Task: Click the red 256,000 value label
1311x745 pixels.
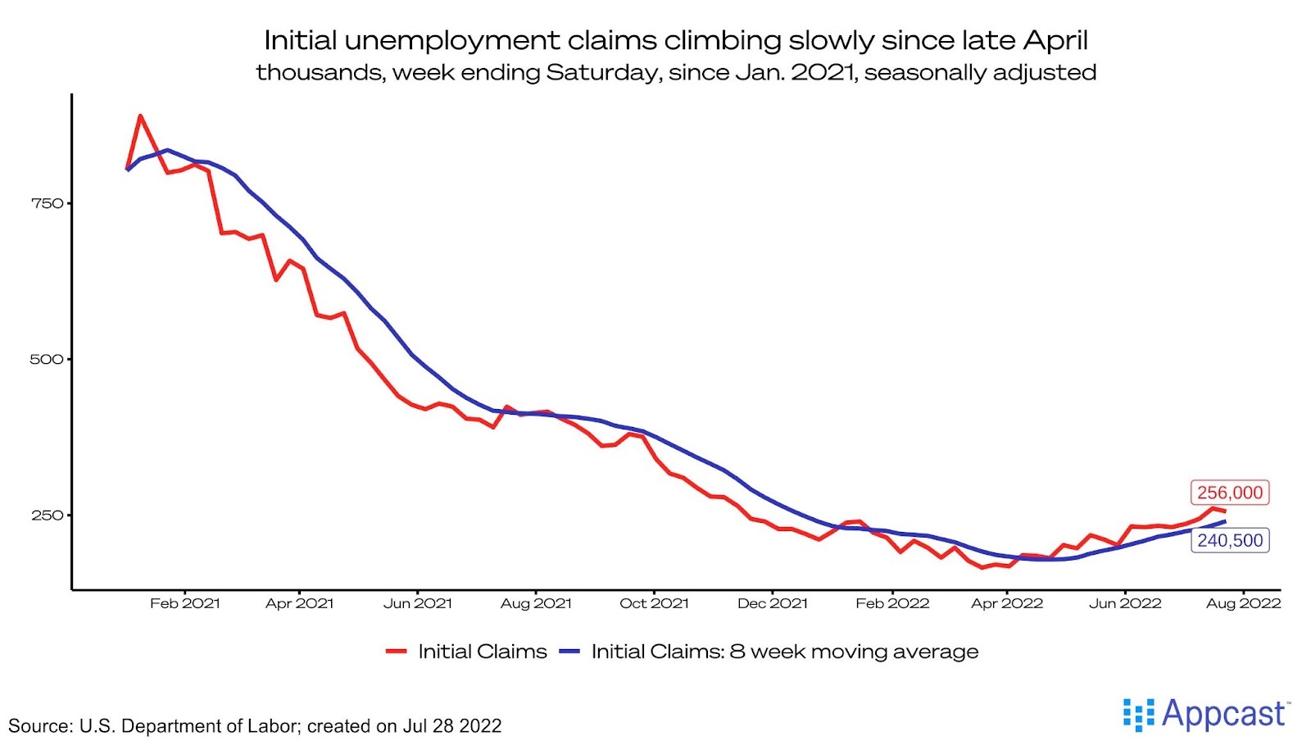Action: click(x=1229, y=493)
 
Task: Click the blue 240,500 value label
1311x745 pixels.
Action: click(x=1230, y=540)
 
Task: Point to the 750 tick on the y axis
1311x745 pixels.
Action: click(x=47, y=203)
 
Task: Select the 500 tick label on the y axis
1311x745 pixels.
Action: click(x=47, y=359)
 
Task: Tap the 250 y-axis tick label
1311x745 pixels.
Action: click(x=47, y=515)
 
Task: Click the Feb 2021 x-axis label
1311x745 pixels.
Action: click(x=185, y=603)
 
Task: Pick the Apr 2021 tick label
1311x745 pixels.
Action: click(x=300, y=603)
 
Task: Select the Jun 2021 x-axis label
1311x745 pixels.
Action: click(x=418, y=603)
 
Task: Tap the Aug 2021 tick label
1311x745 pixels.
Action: click(x=536, y=603)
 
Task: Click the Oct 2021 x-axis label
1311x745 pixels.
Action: click(x=654, y=603)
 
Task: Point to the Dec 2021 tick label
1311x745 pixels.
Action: click(x=773, y=603)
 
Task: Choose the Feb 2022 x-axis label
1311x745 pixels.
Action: click(x=892, y=603)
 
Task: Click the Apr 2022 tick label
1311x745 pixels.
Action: click(x=1007, y=603)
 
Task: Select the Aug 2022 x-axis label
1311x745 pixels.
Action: click(x=1243, y=603)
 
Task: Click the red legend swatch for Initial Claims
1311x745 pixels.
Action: click(x=397, y=652)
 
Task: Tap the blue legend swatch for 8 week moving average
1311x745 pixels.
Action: click(x=569, y=652)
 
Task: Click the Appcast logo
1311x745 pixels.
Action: click(x=1206, y=714)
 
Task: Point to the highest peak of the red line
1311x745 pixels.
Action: click(x=141, y=116)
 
